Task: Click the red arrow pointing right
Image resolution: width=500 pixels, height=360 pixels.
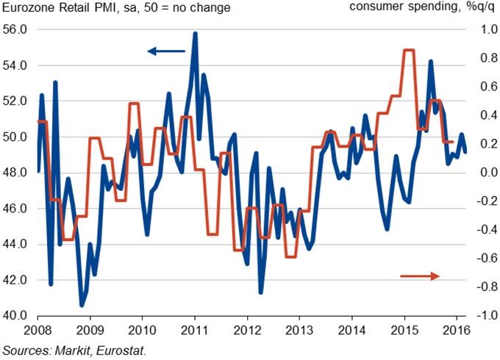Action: pos(420,276)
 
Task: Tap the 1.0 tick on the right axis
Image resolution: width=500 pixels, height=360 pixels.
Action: pos(482,29)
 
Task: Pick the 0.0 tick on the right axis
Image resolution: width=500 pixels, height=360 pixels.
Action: pos(482,173)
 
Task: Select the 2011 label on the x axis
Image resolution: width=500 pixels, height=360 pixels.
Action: pos(194,330)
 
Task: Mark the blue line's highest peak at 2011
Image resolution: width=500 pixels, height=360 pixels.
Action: pos(195,33)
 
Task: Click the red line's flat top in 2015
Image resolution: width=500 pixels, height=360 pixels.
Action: pos(409,50)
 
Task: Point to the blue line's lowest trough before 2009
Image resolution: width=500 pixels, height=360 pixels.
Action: pos(82,305)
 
